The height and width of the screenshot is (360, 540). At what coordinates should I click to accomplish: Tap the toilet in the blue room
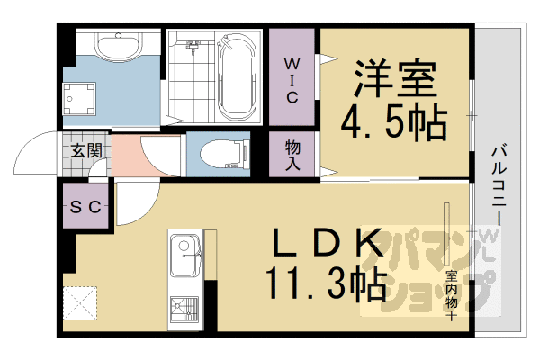tap(219, 156)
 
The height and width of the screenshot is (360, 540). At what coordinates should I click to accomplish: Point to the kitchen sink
tap(186, 247)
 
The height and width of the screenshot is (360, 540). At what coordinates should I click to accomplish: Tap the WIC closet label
tap(293, 79)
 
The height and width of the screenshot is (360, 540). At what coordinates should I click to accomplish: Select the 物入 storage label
tap(293, 156)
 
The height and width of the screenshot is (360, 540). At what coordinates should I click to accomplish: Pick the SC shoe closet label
tap(85, 207)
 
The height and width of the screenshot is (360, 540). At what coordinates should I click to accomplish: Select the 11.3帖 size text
tap(326, 285)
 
